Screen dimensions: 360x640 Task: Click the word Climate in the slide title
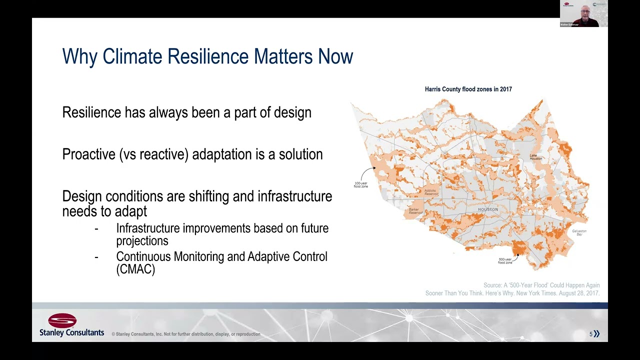click(x=133, y=56)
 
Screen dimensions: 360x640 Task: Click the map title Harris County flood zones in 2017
click(x=468, y=89)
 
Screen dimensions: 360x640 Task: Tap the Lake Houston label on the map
click(x=536, y=157)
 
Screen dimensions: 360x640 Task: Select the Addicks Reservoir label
click(x=431, y=192)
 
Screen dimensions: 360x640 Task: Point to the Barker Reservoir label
click(x=415, y=211)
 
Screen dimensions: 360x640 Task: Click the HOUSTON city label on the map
click(x=488, y=209)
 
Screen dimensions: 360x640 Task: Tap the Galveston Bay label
click(x=579, y=232)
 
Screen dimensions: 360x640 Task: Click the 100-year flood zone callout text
click(x=360, y=185)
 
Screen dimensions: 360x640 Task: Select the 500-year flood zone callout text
click(x=505, y=260)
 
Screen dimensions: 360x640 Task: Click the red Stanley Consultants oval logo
click(x=62, y=320)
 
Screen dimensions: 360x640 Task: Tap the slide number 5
click(x=590, y=334)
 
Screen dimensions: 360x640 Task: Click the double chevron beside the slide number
click(x=596, y=334)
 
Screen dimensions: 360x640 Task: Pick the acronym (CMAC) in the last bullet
click(x=135, y=269)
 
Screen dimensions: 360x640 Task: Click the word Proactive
click(x=88, y=154)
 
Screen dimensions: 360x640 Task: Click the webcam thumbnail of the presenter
click(x=583, y=13)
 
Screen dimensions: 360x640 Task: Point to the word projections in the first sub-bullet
click(x=142, y=241)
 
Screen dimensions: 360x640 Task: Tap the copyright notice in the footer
click(x=185, y=334)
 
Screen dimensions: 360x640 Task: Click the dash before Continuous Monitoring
click(x=96, y=257)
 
